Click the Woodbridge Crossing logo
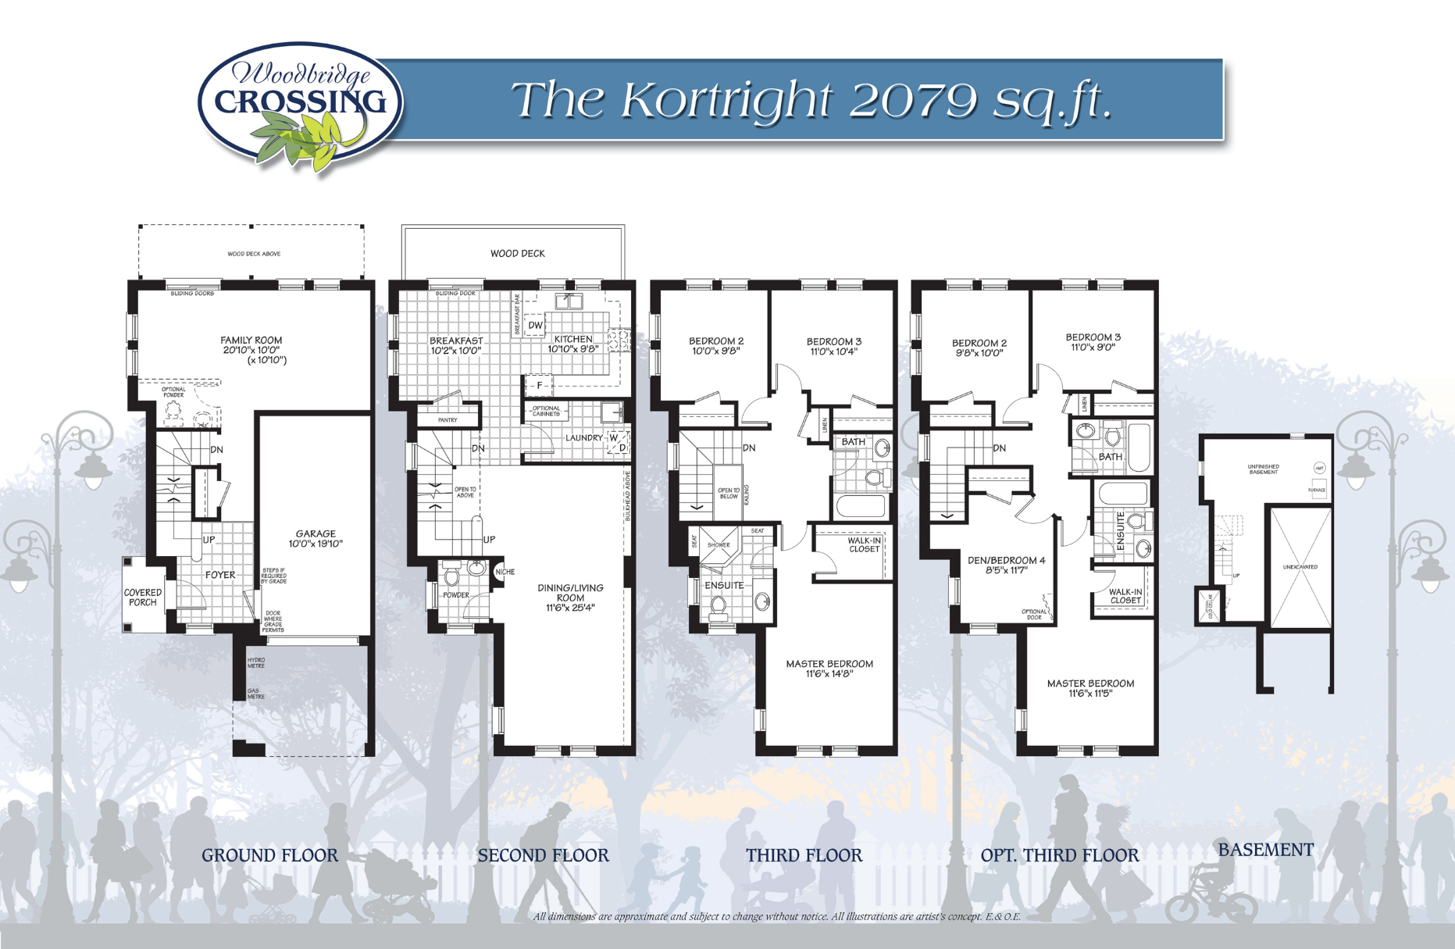pyautogui.click(x=301, y=105)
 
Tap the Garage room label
pyautogui.click(x=316, y=539)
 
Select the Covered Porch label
pyautogui.click(x=143, y=598)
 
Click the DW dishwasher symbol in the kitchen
pyautogui.click(x=535, y=326)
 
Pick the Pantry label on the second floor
pyautogui.click(x=448, y=420)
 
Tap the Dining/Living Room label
pyautogui.click(x=570, y=598)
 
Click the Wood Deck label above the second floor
pyautogui.click(x=517, y=253)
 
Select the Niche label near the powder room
pyautogui.click(x=505, y=572)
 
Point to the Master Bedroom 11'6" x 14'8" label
pyautogui.click(x=829, y=669)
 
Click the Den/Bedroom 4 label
pyautogui.click(x=1006, y=565)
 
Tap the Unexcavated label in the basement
pyautogui.click(x=1300, y=567)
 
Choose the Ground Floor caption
pyautogui.click(x=270, y=855)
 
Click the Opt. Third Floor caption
pyautogui.click(x=1060, y=855)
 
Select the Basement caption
pyautogui.click(x=1266, y=850)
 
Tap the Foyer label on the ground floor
pyautogui.click(x=220, y=575)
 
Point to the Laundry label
pyautogui.click(x=584, y=438)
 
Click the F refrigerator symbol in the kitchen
pyautogui.click(x=539, y=385)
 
